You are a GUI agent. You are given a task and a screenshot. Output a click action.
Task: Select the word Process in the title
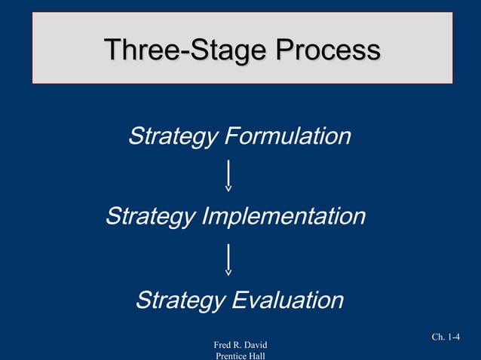[x=327, y=50]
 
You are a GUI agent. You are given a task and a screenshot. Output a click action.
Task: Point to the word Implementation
[x=284, y=217]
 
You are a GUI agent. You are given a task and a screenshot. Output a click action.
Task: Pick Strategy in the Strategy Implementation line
[x=150, y=217]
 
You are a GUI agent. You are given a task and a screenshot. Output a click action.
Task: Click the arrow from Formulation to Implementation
[x=228, y=175]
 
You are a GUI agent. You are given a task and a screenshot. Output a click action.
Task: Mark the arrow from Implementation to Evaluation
[x=228, y=258]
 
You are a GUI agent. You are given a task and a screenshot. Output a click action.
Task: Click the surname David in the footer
[x=255, y=345]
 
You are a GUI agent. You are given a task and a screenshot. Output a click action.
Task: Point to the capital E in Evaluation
[x=237, y=301]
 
